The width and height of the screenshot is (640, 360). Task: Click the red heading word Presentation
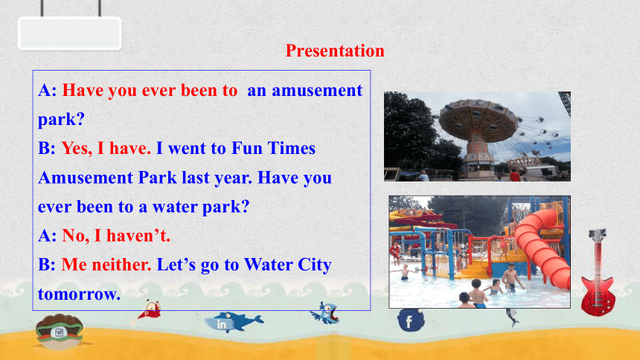point(335,51)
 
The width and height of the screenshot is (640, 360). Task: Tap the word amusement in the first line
point(317,90)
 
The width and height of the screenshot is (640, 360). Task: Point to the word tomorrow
point(79,294)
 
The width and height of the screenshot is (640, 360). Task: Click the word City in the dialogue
point(314,266)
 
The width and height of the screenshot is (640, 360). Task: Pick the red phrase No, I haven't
point(116,236)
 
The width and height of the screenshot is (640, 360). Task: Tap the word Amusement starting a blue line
point(86,178)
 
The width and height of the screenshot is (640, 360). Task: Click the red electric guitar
point(598,274)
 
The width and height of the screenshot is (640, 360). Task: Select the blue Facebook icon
point(411,320)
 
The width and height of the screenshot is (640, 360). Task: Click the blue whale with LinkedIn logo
point(233,322)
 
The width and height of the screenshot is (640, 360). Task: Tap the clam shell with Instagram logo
point(60,331)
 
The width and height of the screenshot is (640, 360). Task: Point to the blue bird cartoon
point(325,313)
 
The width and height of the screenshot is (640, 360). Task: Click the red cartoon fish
point(149,311)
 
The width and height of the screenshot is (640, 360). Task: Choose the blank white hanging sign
point(70,33)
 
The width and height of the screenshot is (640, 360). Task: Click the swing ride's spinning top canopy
point(479,119)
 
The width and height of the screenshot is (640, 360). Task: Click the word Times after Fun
point(292,148)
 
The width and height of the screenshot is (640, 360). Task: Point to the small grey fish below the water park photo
point(512,317)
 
